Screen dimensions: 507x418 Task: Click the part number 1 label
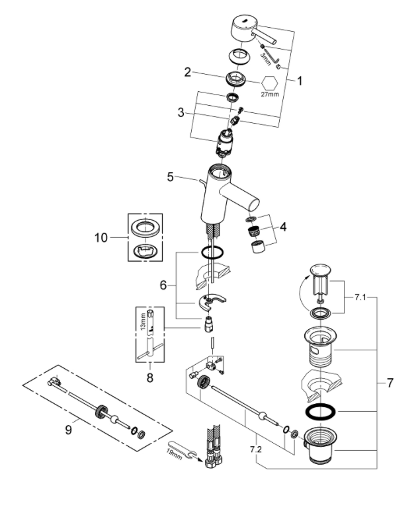(x=299, y=82)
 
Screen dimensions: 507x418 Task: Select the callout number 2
(x=188, y=71)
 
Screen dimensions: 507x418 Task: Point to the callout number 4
(x=283, y=227)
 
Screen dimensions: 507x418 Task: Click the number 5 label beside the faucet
(x=170, y=177)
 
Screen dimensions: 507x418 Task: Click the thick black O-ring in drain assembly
(x=323, y=412)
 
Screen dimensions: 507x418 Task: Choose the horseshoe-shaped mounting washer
(x=211, y=303)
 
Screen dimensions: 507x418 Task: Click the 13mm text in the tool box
(x=142, y=322)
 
